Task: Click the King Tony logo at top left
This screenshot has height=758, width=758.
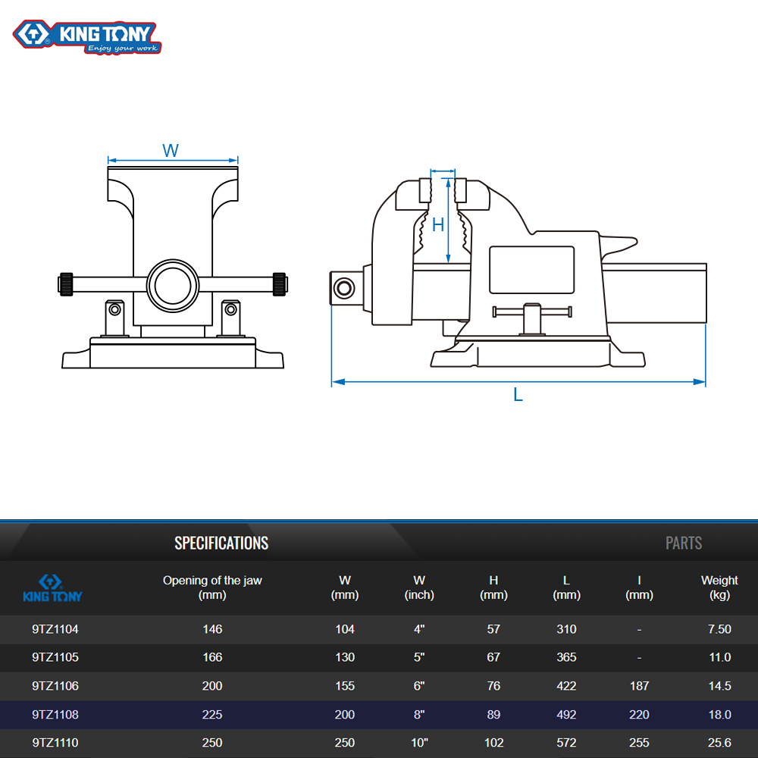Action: (x=87, y=36)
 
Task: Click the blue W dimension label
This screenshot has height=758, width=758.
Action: (x=171, y=150)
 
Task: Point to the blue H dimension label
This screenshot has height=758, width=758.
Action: (x=438, y=225)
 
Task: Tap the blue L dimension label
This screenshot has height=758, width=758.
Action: (x=518, y=395)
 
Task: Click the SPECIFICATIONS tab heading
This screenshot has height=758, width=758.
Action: (x=221, y=543)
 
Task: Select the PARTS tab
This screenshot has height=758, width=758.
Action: (x=684, y=543)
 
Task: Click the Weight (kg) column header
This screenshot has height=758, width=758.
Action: (x=719, y=587)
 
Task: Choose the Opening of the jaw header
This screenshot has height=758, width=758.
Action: (x=212, y=587)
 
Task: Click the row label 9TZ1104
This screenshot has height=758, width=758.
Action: (x=55, y=629)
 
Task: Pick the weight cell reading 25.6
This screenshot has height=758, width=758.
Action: (x=719, y=743)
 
